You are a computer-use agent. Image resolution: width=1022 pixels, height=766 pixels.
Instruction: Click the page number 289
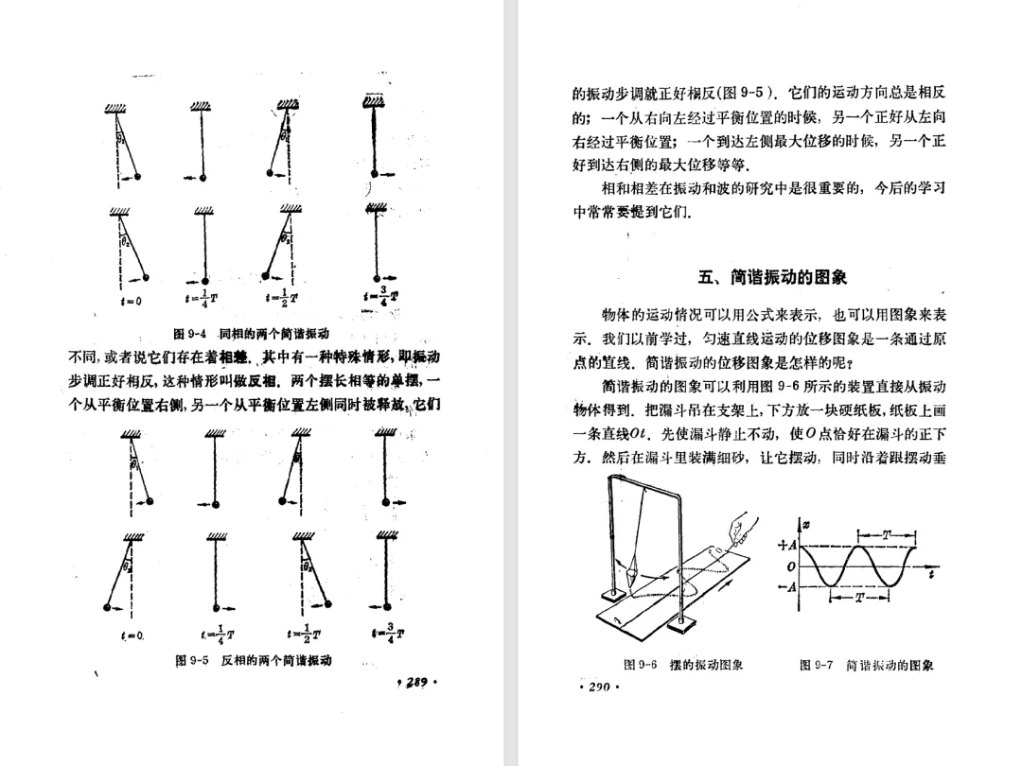click(417, 682)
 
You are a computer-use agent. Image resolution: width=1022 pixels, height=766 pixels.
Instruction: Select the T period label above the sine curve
click(886, 535)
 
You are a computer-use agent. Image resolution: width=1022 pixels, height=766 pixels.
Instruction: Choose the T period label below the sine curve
click(860, 598)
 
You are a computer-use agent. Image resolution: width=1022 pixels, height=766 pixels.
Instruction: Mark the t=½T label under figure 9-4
click(291, 302)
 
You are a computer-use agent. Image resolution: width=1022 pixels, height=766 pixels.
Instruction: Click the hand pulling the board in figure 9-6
click(737, 525)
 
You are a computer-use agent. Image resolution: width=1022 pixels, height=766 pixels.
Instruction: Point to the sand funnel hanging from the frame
click(632, 568)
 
